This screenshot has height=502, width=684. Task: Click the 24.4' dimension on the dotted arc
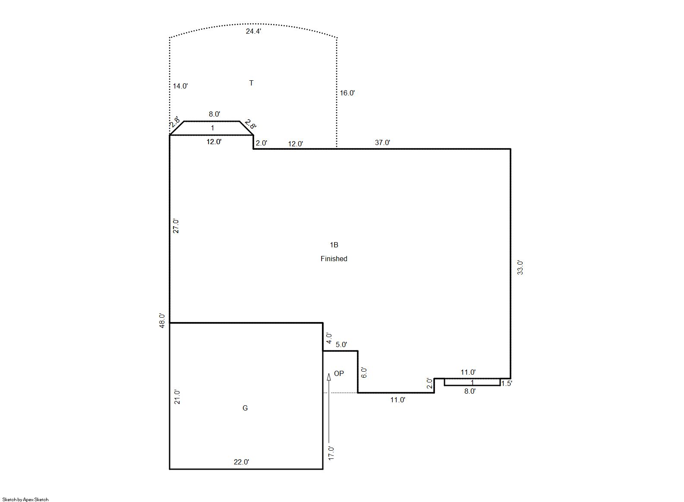(253, 31)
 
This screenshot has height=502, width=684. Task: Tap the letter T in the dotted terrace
(251, 83)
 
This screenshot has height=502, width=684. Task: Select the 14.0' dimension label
(180, 86)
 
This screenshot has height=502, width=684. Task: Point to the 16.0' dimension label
(347, 93)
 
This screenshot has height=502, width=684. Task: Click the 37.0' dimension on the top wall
(382, 142)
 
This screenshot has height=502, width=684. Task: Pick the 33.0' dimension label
(520, 268)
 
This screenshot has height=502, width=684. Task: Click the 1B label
(334, 245)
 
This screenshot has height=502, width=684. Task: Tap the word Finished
(334, 259)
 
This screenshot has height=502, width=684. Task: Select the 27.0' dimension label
(176, 226)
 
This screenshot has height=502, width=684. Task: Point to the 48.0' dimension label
(162, 321)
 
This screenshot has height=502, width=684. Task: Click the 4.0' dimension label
(329, 338)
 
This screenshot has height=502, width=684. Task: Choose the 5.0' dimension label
(341, 344)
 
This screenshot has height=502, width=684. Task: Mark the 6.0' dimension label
(364, 372)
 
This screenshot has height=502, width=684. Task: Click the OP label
(339, 373)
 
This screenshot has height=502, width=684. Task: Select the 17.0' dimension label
(331, 453)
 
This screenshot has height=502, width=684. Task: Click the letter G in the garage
(245, 408)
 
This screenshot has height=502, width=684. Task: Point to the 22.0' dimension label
(241, 462)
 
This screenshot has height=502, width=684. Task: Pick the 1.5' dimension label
(506, 384)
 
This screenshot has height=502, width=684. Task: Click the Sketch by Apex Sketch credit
(25, 499)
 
